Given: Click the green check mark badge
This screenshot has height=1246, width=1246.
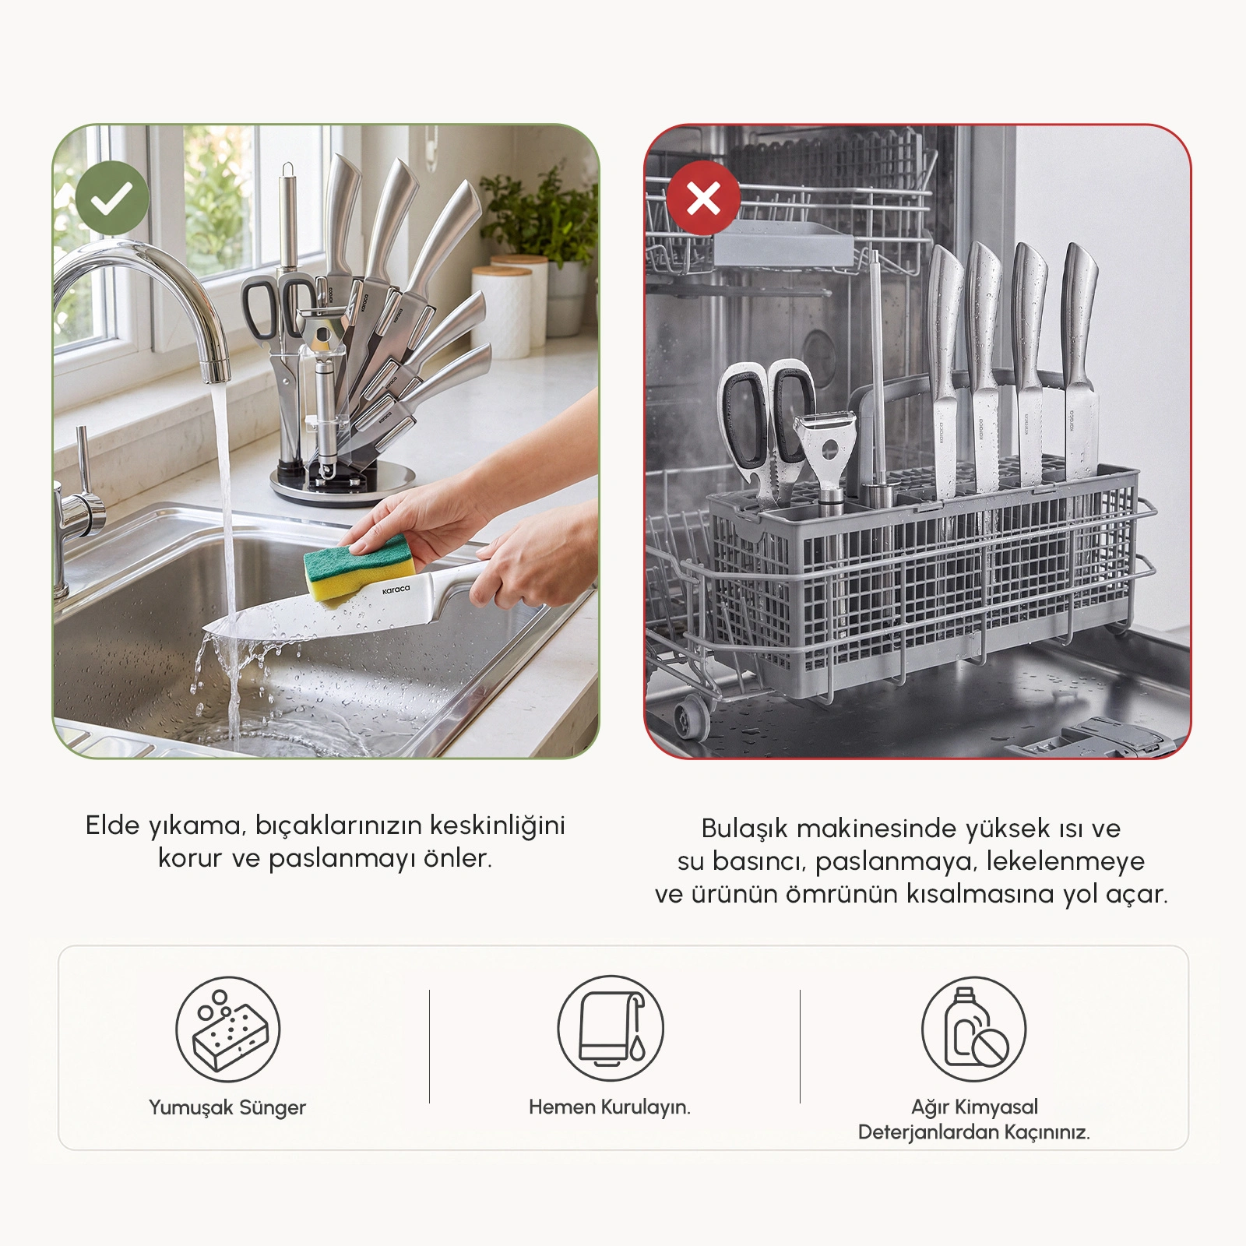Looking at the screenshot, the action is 112,199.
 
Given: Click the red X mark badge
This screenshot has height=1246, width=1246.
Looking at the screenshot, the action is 703,199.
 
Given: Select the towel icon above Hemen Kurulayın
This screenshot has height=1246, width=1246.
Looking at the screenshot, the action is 611,1028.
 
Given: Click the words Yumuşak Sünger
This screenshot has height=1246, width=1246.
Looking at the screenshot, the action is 227,1108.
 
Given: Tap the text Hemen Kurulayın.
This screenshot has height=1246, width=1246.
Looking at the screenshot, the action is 610,1107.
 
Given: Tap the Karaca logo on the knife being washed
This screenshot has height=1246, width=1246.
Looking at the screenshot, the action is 396,590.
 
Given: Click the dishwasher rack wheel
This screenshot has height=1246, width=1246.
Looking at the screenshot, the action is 690,716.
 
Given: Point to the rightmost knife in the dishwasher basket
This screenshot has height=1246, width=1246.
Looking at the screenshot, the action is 1079,366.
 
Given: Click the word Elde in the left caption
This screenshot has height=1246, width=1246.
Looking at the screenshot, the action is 112,826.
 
